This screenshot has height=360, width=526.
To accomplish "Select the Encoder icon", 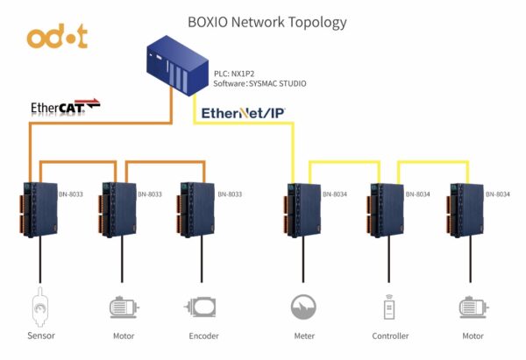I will point(201,307).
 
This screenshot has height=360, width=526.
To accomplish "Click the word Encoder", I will point(201,335).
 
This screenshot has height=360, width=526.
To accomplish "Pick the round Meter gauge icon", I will point(303,307).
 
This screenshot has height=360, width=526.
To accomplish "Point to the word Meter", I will point(303,335).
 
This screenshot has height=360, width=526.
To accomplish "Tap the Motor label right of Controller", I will point(473,335).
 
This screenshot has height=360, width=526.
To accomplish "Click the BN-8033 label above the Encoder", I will point(230,194).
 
